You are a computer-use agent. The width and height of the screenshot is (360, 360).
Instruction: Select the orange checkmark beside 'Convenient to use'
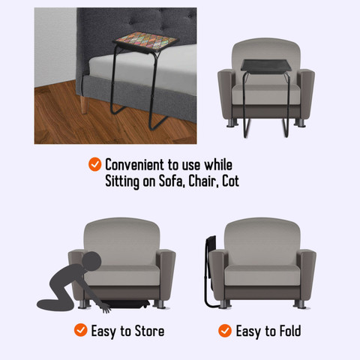[94, 163]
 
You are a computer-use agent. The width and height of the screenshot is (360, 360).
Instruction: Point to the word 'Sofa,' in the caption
[169, 181]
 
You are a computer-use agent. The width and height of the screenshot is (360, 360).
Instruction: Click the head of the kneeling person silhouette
[90, 261]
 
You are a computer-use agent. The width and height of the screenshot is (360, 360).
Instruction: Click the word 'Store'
[147, 330]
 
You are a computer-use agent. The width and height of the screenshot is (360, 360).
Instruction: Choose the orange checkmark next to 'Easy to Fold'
[224, 330]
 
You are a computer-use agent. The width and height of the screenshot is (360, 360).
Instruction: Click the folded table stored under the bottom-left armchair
[127, 306]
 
